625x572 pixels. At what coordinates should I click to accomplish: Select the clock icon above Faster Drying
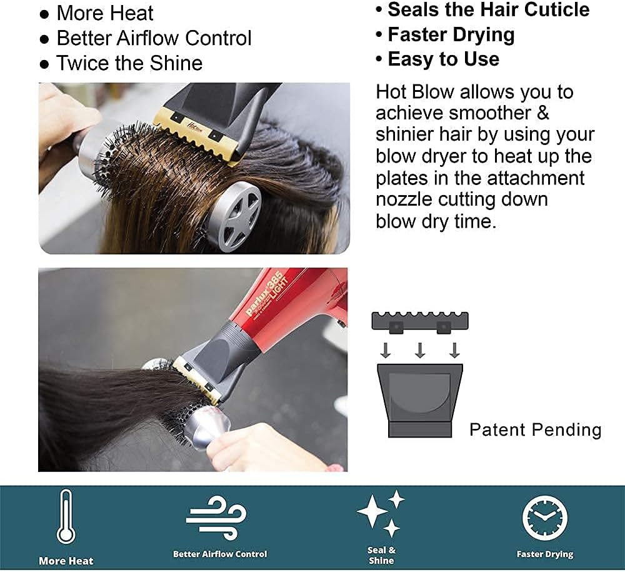click(x=545, y=518)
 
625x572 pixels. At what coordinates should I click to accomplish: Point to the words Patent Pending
click(x=536, y=430)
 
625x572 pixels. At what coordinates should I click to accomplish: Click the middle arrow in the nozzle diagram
click(x=420, y=349)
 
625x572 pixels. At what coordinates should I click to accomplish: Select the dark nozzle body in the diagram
click(x=420, y=400)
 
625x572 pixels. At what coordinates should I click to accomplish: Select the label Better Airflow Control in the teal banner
click(x=220, y=554)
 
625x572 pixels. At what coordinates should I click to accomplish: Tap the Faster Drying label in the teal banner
click(x=545, y=554)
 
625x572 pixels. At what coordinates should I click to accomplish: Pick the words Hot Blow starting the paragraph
click(x=414, y=92)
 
